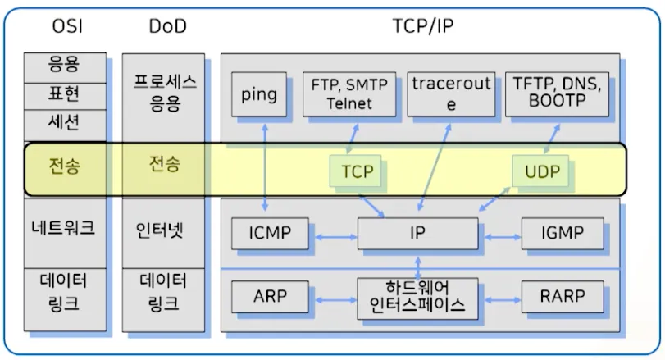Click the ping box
click(259, 94)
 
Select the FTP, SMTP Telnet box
click(349, 94)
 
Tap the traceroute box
click(451, 94)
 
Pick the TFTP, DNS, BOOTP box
click(557, 94)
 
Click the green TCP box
click(355, 171)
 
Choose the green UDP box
click(540, 171)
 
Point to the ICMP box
click(270, 233)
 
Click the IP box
click(417, 233)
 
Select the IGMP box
click(563, 233)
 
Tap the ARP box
click(270, 296)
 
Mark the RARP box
click(563, 296)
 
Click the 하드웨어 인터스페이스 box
click(417, 298)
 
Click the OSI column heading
click(67, 26)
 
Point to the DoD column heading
click(167, 26)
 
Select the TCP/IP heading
click(423, 26)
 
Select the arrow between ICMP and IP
click(336, 237)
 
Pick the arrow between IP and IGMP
click(503, 237)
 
